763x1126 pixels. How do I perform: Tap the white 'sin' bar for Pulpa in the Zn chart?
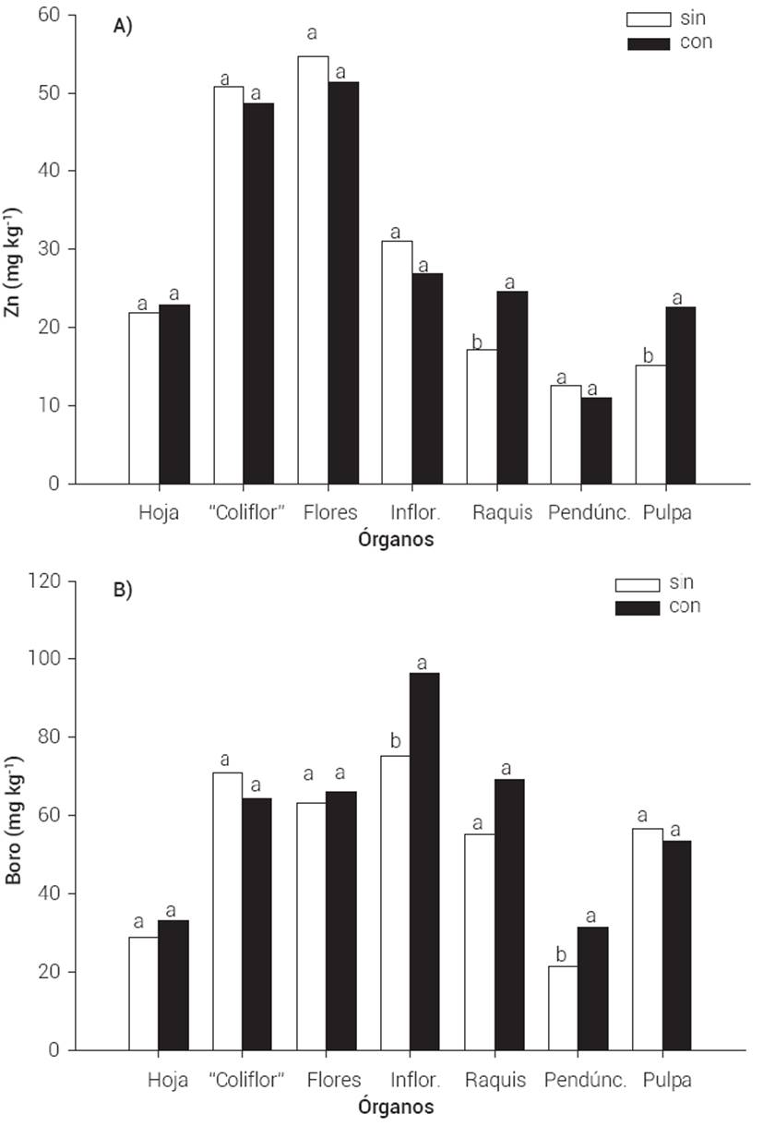pos(650,425)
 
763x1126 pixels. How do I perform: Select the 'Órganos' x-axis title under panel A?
pos(396,541)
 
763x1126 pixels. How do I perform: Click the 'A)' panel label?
pos(123,27)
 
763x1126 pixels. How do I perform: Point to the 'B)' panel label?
pos(123,591)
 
